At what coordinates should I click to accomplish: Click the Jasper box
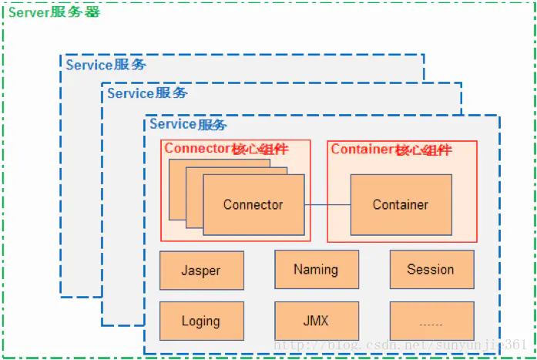pyautogui.click(x=202, y=271)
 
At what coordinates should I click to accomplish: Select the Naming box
pyautogui.click(x=317, y=269)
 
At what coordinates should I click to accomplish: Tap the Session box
pyautogui.click(x=432, y=269)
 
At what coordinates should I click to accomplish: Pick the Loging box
pyautogui.click(x=202, y=321)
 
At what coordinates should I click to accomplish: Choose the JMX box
pyautogui.click(x=317, y=321)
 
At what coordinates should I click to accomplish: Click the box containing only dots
pyautogui.click(x=432, y=321)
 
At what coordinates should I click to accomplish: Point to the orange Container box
pyautogui.click(x=401, y=205)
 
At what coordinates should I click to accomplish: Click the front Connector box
pyautogui.click(x=253, y=205)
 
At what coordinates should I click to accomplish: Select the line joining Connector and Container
pyautogui.click(x=327, y=205)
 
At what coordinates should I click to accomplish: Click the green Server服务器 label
pyautogui.click(x=54, y=12)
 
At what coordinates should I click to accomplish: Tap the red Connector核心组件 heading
pyautogui.click(x=227, y=149)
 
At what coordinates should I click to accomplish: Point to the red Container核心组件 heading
pyautogui.click(x=391, y=150)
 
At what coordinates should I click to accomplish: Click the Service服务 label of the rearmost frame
pyautogui.click(x=106, y=65)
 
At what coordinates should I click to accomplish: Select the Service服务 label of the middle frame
pyautogui.click(x=147, y=93)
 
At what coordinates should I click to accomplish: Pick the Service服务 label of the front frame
pyautogui.click(x=188, y=124)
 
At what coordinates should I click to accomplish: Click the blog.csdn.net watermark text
pyautogui.click(x=400, y=345)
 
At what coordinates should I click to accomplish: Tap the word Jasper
pyautogui.click(x=200, y=271)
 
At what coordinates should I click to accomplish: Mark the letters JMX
pyautogui.click(x=316, y=321)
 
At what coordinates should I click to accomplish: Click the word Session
pyautogui.click(x=431, y=269)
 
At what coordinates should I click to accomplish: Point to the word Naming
pyautogui.click(x=316, y=270)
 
